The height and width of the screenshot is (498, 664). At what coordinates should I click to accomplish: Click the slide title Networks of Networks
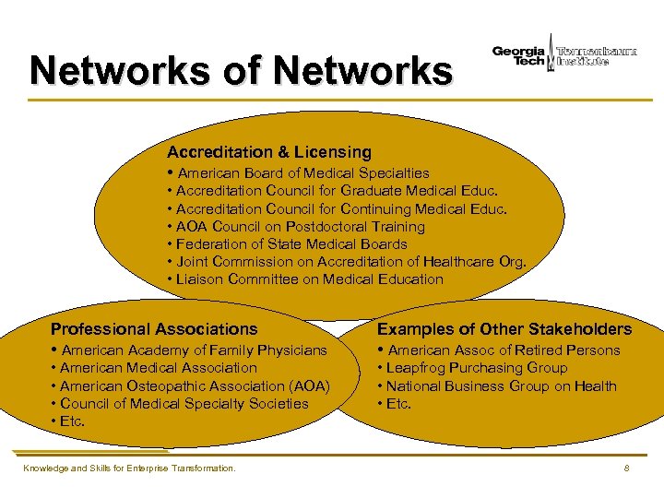[x=241, y=70]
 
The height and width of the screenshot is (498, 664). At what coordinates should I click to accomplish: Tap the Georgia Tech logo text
[x=519, y=56]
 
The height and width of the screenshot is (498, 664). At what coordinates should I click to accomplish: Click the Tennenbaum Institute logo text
[x=596, y=56]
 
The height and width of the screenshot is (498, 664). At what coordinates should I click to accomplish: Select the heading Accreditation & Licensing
[x=269, y=152]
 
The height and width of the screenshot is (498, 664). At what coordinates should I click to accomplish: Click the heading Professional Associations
[x=154, y=329]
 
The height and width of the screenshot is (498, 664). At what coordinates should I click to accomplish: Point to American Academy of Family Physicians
[x=192, y=350]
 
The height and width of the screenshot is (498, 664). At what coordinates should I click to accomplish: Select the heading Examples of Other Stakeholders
[x=504, y=329]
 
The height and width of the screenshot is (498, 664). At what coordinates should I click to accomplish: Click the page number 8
[x=626, y=468]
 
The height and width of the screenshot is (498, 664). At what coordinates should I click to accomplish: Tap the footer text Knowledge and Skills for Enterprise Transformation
[x=129, y=468]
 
